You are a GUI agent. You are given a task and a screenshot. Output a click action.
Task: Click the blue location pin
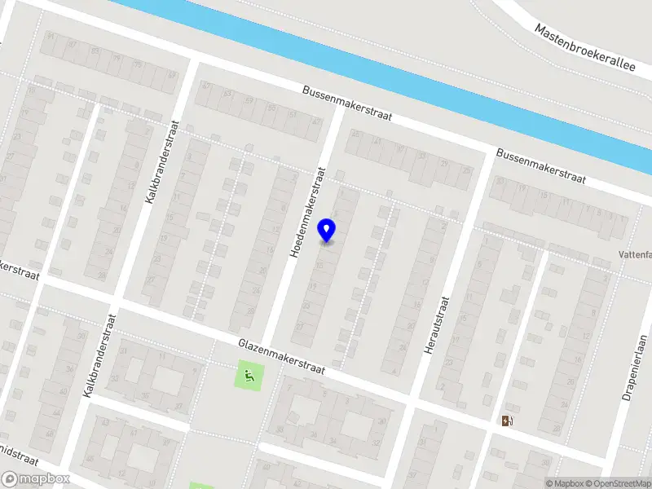327,231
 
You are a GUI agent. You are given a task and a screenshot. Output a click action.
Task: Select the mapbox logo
35,479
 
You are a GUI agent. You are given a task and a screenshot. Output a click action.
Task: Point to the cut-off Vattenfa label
634,254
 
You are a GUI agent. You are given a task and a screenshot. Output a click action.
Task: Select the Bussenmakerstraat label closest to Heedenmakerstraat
346,104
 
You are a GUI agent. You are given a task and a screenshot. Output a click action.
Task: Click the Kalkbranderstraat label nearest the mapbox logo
99,355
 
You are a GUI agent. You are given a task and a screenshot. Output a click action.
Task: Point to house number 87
73,44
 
